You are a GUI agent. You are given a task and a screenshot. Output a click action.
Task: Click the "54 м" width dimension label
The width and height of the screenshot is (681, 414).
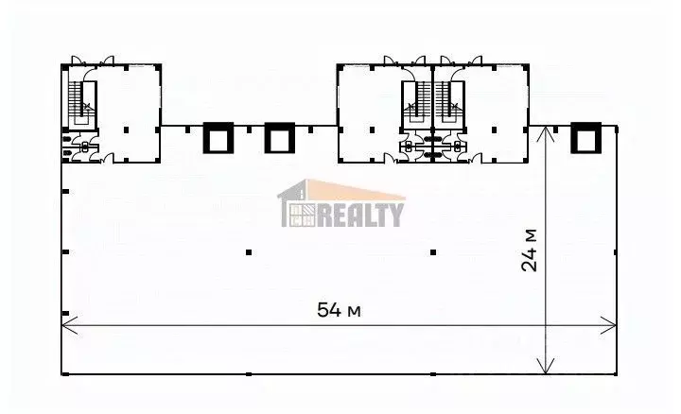click(339, 310)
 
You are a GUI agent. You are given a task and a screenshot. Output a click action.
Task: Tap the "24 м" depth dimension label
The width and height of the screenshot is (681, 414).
click(529, 250)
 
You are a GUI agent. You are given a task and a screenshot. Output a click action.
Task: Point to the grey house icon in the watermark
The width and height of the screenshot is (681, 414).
click(298, 203)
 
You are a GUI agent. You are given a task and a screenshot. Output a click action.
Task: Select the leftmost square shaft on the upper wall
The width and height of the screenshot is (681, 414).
click(218, 138)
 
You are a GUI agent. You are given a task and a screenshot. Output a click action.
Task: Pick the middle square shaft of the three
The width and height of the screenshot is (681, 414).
click(280, 138)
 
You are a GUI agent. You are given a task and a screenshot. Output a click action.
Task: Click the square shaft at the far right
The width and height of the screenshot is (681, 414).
click(586, 138)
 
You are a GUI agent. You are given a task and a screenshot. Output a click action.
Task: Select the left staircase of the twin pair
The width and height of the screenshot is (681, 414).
click(416, 103)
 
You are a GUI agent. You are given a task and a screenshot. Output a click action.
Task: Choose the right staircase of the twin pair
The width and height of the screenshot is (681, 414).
click(448, 103)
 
